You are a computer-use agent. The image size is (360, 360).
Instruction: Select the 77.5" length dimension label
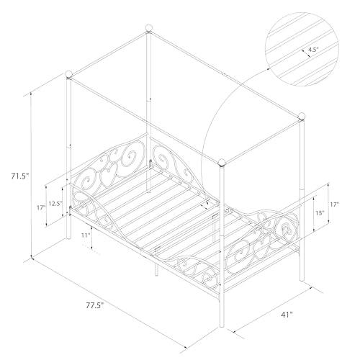93,306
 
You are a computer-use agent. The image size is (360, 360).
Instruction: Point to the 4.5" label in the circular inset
312,50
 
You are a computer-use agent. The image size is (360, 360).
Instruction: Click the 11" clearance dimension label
86,235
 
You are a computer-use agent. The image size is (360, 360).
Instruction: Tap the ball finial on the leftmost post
68,73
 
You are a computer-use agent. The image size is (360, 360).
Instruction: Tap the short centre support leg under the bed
156,269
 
